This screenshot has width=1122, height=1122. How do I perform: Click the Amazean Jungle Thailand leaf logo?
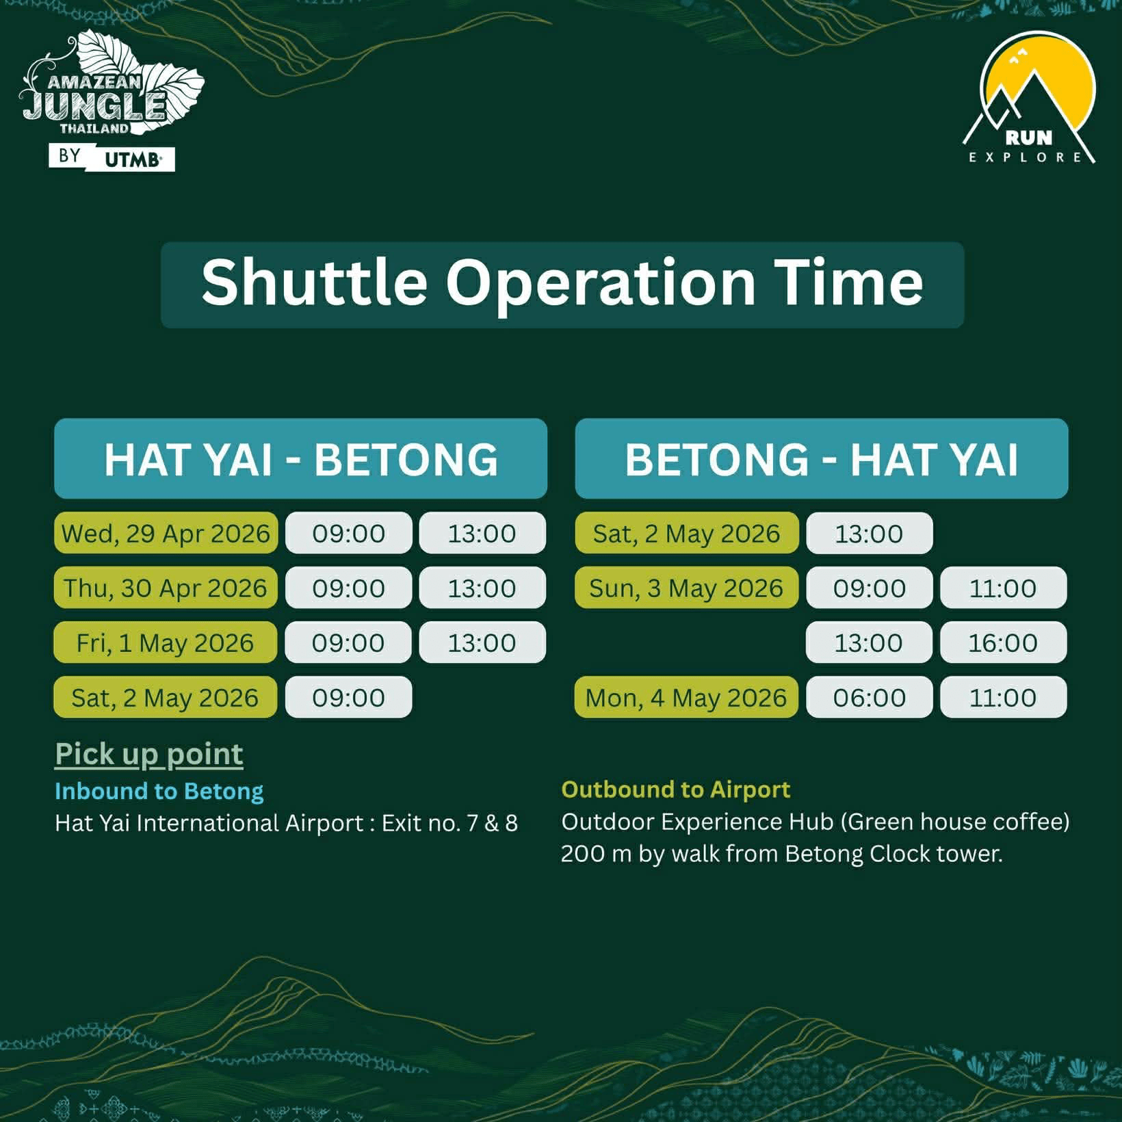pyautogui.click(x=113, y=89)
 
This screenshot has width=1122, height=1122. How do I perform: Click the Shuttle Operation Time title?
pyautogui.click(x=562, y=283)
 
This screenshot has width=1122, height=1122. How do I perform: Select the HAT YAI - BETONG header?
pyautogui.click(x=300, y=458)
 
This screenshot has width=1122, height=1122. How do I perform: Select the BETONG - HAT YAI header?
pyautogui.click(x=821, y=458)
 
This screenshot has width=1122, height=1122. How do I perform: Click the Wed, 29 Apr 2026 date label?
pyautogui.click(x=166, y=533)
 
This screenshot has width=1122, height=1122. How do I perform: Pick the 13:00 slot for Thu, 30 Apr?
pyautogui.click(x=482, y=588)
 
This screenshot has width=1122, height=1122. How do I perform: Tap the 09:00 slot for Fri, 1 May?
pyautogui.click(x=348, y=642)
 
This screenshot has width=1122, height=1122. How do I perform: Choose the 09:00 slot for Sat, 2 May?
pyautogui.click(x=348, y=697)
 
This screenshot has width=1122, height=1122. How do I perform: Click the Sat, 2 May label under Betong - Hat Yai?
pyautogui.click(x=686, y=533)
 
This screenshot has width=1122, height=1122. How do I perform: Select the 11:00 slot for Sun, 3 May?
pyautogui.click(x=1002, y=588)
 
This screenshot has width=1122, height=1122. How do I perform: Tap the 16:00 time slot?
pyautogui.click(x=1002, y=642)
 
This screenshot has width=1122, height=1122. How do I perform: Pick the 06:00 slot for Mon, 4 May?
pyautogui.click(x=869, y=697)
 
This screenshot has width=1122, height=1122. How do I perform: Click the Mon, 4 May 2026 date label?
pyautogui.click(x=686, y=697)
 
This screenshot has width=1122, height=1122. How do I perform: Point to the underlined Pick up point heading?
pyautogui.click(x=149, y=754)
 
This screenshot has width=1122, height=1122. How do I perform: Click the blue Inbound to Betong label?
pyautogui.click(x=159, y=791)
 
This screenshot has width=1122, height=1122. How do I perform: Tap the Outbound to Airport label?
pyautogui.click(x=675, y=790)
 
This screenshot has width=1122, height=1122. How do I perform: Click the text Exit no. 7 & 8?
pyautogui.click(x=449, y=822)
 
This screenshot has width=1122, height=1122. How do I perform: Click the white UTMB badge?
pyautogui.click(x=133, y=160)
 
